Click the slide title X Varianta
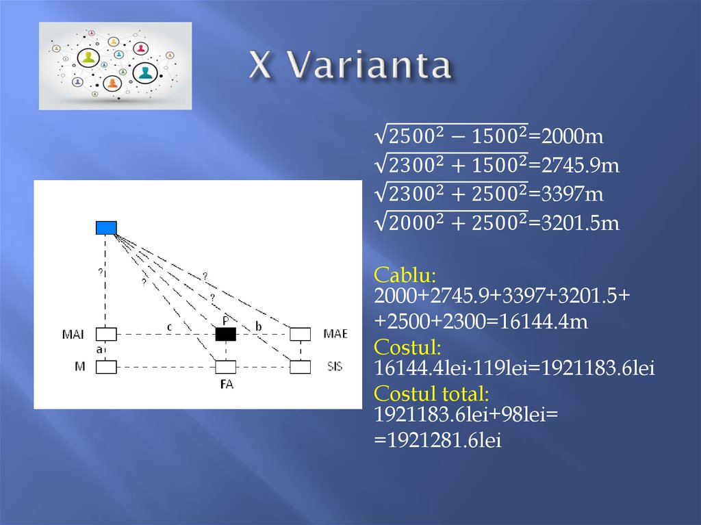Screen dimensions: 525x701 pyautogui.click(x=350, y=66)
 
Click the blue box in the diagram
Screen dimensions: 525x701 pyautogui.click(x=106, y=228)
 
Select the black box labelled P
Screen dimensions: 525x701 pyautogui.click(x=225, y=334)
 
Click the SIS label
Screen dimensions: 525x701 pyautogui.click(x=335, y=367)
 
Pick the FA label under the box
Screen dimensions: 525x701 pyautogui.click(x=227, y=385)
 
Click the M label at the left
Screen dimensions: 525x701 pyautogui.click(x=80, y=367)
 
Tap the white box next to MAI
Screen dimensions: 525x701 pyautogui.click(x=106, y=334)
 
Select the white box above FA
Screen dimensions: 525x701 pyautogui.click(x=225, y=367)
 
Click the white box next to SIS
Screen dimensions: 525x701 pyautogui.click(x=300, y=367)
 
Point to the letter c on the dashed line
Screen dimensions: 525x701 pyautogui.click(x=169, y=326)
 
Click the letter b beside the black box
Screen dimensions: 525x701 pyautogui.click(x=258, y=326)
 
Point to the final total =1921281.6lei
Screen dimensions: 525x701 pyautogui.click(x=438, y=441)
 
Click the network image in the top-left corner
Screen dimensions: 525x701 pyautogui.click(x=115, y=66)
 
